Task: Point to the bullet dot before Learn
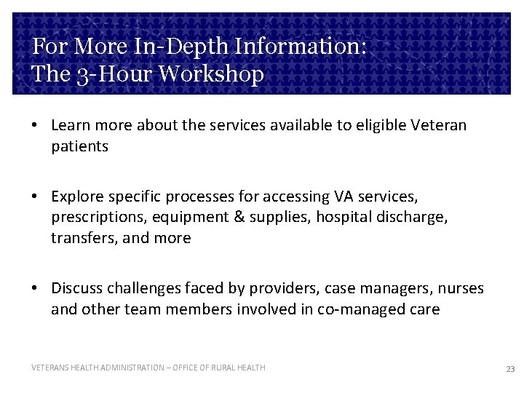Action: click(x=35, y=126)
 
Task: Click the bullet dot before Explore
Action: click(x=35, y=196)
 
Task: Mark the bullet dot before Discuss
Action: click(x=35, y=289)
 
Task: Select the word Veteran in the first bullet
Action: click(x=440, y=125)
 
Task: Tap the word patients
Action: click(x=79, y=146)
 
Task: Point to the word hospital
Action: click(x=341, y=217)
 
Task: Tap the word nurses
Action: click(x=461, y=288)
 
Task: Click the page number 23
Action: click(x=510, y=369)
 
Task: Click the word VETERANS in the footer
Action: click(x=49, y=368)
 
